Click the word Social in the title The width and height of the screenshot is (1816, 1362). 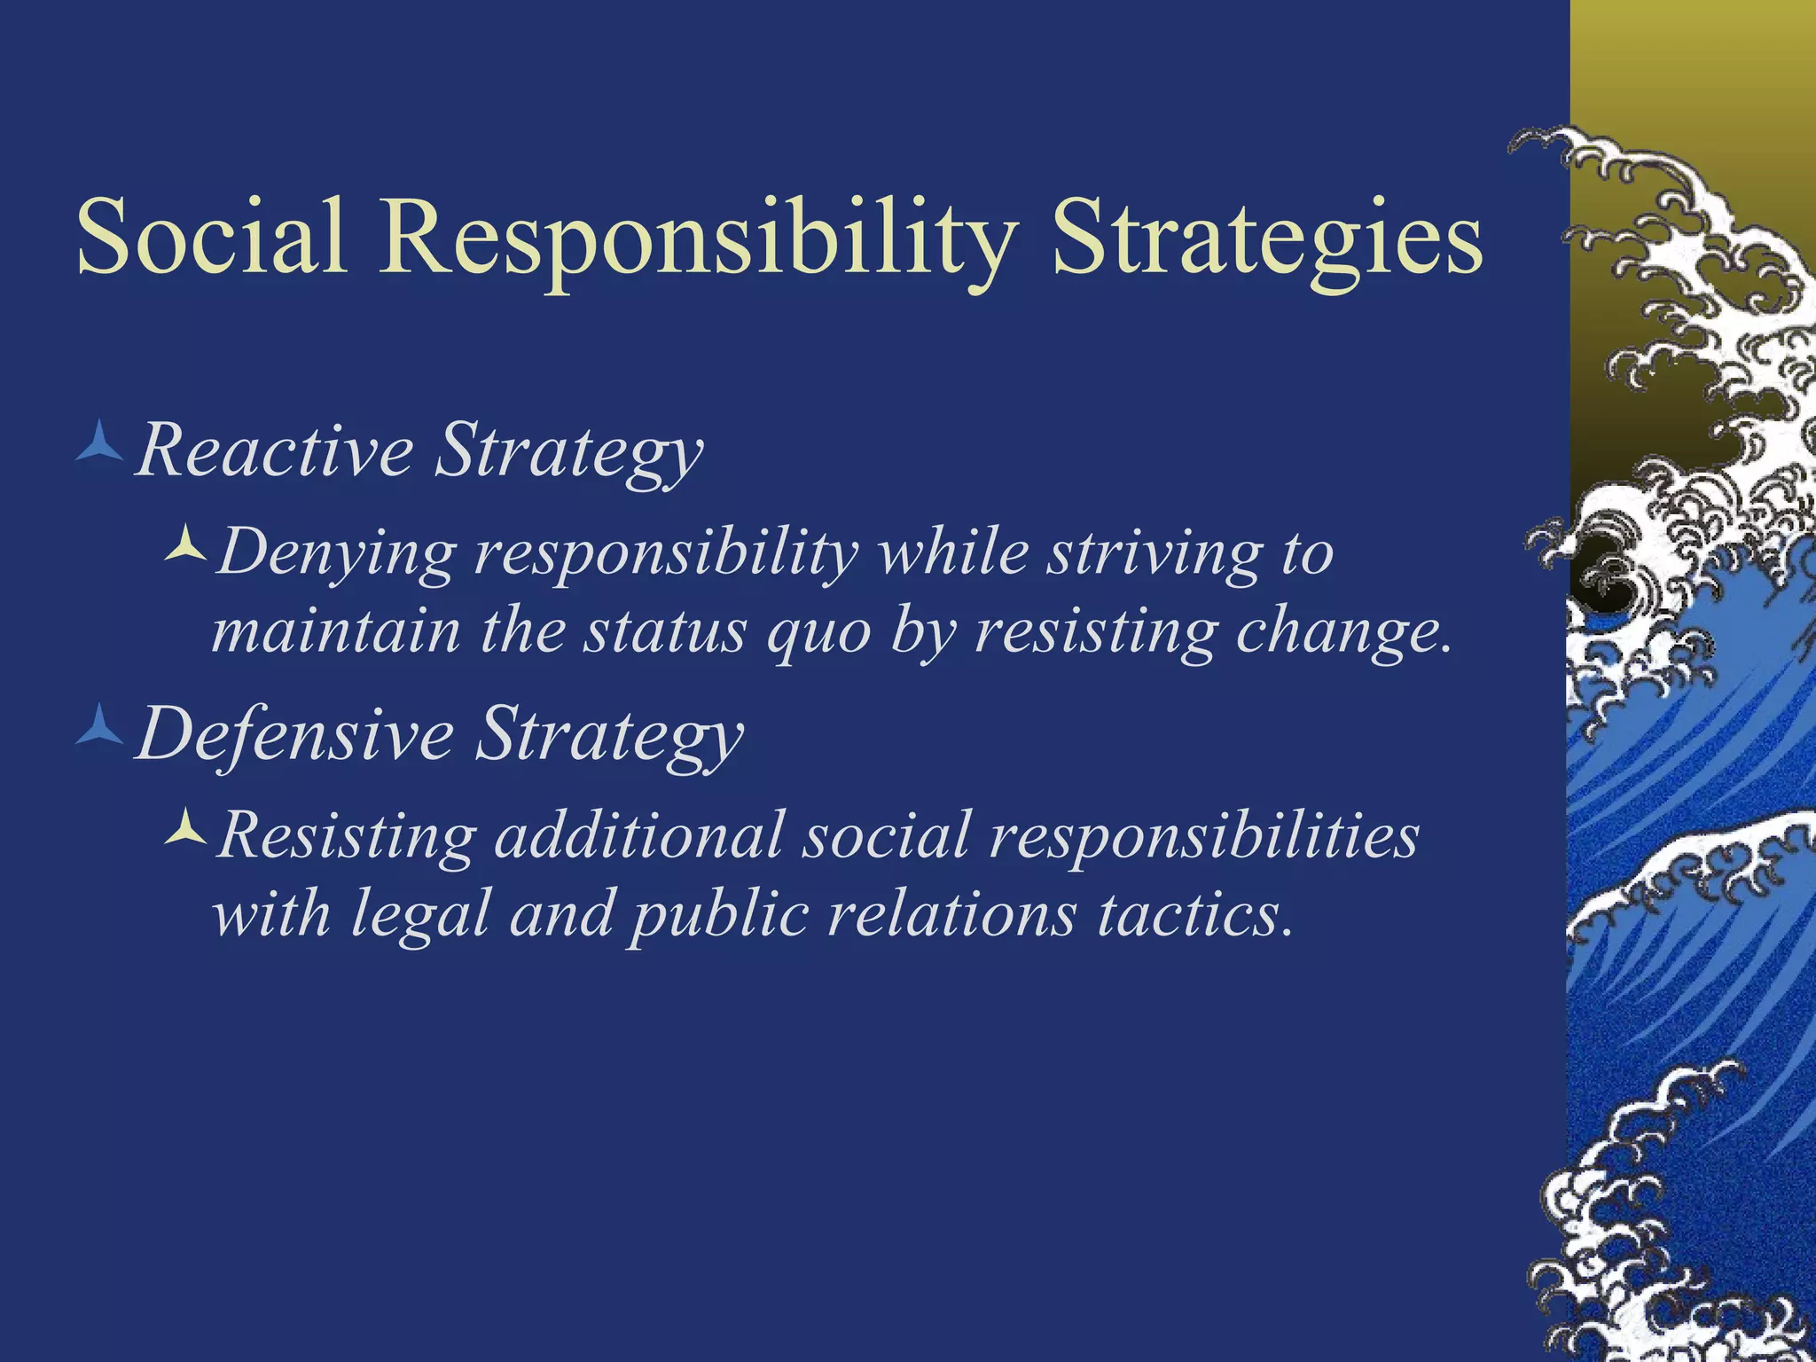click(211, 238)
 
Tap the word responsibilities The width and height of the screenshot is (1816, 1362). click(1204, 835)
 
